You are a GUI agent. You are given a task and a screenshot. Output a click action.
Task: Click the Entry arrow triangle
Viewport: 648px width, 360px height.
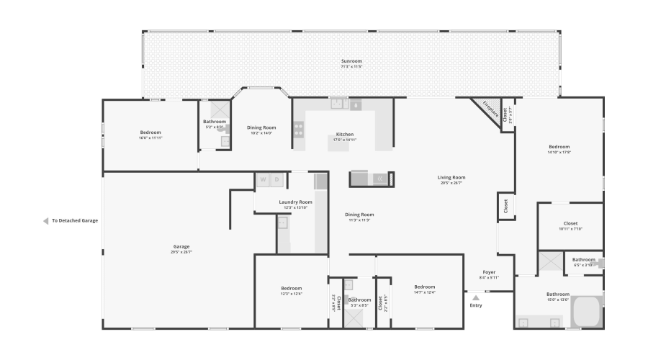[x=475, y=297]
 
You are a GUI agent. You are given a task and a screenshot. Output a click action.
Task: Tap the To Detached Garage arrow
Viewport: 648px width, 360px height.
[x=46, y=221]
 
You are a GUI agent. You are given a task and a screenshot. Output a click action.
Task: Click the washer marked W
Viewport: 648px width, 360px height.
[x=263, y=179]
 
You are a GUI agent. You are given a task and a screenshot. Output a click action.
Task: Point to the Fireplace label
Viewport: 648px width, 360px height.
[x=490, y=109]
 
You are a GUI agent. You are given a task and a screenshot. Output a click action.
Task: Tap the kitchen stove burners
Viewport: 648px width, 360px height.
[x=298, y=130]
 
